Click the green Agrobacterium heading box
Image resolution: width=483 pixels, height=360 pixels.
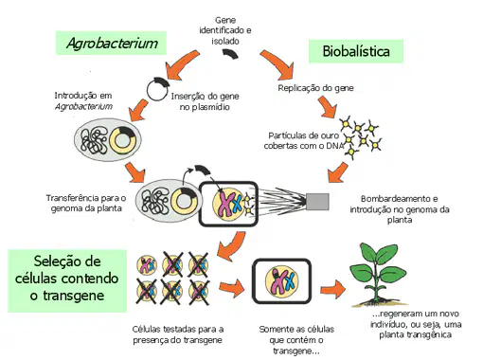(x=111, y=43)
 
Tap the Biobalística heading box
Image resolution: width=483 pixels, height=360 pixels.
(x=356, y=51)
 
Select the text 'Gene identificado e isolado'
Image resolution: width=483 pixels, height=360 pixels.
(x=225, y=30)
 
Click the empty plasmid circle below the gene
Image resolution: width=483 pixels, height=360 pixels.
(x=157, y=90)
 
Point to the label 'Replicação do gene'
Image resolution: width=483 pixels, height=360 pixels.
(x=315, y=88)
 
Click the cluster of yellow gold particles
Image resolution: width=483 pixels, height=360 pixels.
(x=361, y=136)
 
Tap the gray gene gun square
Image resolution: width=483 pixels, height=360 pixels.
(x=317, y=202)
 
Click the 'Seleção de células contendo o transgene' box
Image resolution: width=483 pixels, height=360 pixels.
(x=67, y=280)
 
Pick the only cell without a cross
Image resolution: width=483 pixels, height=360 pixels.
(x=147, y=265)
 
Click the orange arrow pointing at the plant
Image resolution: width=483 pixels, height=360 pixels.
(x=332, y=289)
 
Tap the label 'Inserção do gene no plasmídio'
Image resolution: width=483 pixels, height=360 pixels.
(x=205, y=101)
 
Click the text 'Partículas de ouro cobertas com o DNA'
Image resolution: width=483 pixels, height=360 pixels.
(x=304, y=140)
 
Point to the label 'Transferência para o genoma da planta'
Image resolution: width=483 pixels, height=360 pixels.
(x=86, y=203)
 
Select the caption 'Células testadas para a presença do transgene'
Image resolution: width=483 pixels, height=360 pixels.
(x=178, y=334)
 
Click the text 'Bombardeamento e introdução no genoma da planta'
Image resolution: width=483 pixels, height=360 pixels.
(x=400, y=209)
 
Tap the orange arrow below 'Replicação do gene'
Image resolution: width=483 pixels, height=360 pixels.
(x=328, y=107)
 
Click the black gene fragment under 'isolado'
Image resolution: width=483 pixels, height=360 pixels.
(x=230, y=54)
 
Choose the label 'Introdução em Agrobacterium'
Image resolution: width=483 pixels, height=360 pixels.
(x=83, y=100)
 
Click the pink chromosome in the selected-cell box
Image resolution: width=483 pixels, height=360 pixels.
(x=277, y=280)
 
